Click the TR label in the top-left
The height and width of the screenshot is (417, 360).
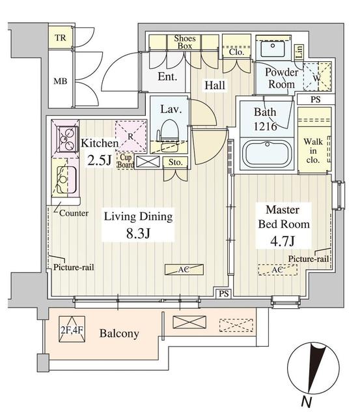point(61,38)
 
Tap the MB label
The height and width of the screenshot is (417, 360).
point(61,83)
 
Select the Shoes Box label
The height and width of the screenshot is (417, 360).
point(185,42)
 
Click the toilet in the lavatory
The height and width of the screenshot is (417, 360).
point(169,128)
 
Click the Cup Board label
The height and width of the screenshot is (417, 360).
point(126,161)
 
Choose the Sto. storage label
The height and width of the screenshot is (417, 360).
point(175,162)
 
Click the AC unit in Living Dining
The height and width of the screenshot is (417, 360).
point(184,269)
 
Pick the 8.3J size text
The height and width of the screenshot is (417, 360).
point(139,233)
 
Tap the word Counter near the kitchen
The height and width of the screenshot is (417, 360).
point(74,212)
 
